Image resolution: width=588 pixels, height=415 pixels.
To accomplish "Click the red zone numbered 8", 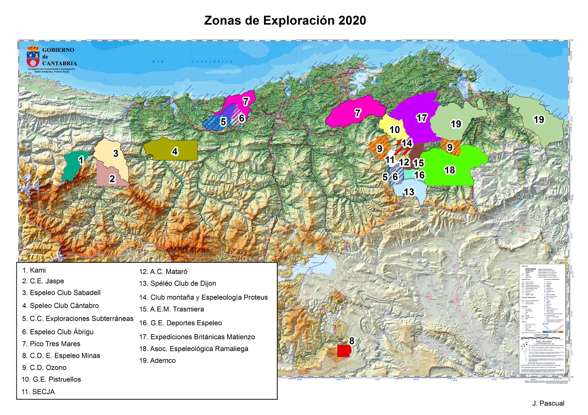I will click(x=343, y=351).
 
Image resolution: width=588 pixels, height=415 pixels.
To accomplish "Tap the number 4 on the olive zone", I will click(x=175, y=151).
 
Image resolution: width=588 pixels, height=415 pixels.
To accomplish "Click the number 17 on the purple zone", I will click(x=421, y=118).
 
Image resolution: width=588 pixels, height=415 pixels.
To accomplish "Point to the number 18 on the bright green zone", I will click(x=450, y=170).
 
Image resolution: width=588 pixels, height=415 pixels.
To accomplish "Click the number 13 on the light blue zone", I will click(x=409, y=192).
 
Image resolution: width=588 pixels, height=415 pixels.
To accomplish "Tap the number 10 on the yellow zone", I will click(x=394, y=130).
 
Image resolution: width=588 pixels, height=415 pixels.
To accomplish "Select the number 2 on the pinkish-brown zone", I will click(x=112, y=179).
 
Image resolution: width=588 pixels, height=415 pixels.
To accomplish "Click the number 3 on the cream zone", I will click(x=116, y=153).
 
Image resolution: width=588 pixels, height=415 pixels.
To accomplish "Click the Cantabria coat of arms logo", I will click(x=33, y=56).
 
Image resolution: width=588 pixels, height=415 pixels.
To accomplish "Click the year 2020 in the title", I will click(x=352, y=20).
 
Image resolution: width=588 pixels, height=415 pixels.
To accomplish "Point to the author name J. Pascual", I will click(x=548, y=403).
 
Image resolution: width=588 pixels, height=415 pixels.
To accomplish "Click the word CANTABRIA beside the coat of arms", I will click(x=59, y=63).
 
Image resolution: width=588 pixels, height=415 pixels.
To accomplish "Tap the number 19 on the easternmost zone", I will click(x=539, y=120).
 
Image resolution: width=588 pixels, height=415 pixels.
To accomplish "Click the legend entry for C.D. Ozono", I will click(x=44, y=367).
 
